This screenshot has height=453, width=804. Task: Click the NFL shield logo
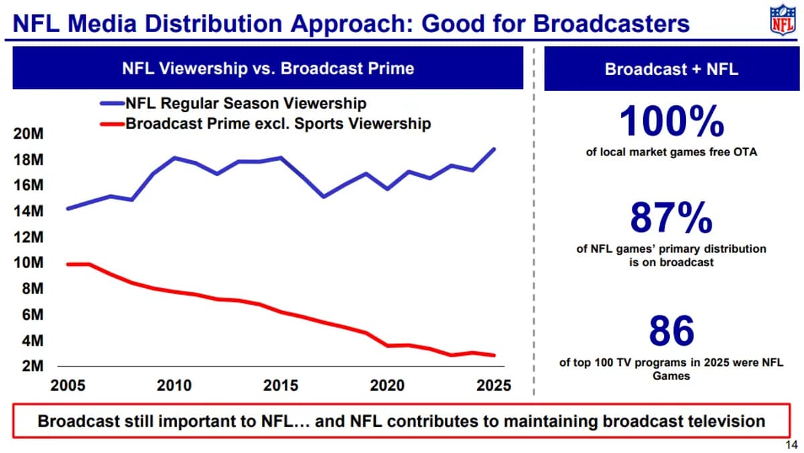pos(782,21)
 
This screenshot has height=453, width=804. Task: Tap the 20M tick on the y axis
pos(28,134)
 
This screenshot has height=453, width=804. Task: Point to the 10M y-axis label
pos(28,263)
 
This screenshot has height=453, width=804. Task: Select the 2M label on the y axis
pos(31,367)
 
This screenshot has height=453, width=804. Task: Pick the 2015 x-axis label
pos(281,386)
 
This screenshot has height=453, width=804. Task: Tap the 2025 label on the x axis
pos(494,386)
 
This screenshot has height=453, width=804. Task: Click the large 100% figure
pos(671,122)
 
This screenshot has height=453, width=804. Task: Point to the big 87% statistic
pos(671,217)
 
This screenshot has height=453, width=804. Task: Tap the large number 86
pos(671,330)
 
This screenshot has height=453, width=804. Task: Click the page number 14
pos(790,445)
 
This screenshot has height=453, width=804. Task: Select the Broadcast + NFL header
pos(671,69)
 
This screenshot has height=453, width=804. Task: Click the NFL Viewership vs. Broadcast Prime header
pos(267,69)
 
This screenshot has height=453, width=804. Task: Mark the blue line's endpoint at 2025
pos(494,149)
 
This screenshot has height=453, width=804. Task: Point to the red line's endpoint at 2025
pos(494,355)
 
